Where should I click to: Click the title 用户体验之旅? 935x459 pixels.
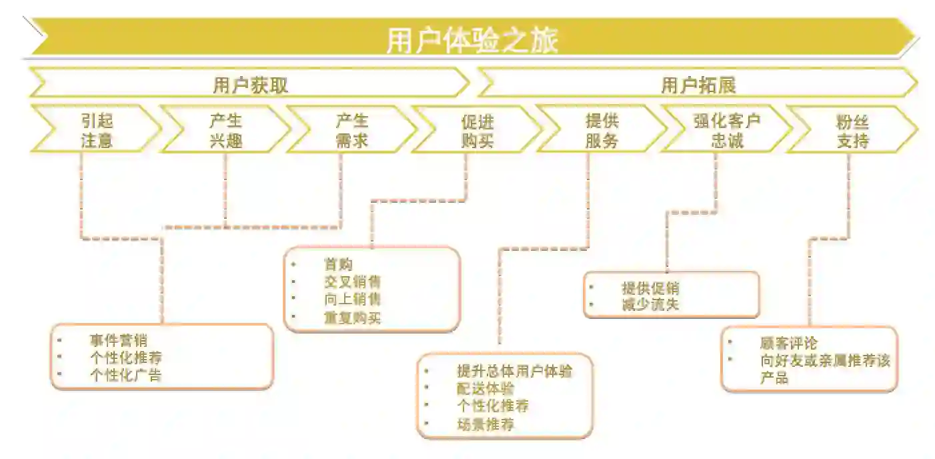click(x=472, y=40)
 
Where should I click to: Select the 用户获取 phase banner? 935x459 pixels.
click(x=250, y=85)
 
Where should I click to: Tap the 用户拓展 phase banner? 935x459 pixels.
click(x=698, y=85)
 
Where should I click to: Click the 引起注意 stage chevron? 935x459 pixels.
click(x=97, y=130)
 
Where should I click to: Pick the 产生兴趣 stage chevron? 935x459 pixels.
click(x=225, y=130)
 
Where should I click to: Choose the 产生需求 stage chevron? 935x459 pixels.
click(x=351, y=130)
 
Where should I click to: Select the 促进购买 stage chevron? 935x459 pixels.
click(x=478, y=131)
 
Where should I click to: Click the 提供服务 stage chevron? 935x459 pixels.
click(x=602, y=131)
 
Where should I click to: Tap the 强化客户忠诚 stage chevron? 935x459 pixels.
click(x=727, y=131)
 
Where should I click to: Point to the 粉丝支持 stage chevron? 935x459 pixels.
click(x=852, y=131)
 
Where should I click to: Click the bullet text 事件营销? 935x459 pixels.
click(x=118, y=341)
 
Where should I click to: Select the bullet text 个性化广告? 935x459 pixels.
click(x=125, y=375)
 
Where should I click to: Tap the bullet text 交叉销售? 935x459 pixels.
click(x=352, y=282)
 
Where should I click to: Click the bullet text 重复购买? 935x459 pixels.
click(x=352, y=318)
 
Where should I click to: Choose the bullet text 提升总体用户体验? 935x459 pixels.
click(x=514, y=371)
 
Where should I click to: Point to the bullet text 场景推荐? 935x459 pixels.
click(x=486, y=424)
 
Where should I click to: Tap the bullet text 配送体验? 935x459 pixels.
click(x=486, y=388)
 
